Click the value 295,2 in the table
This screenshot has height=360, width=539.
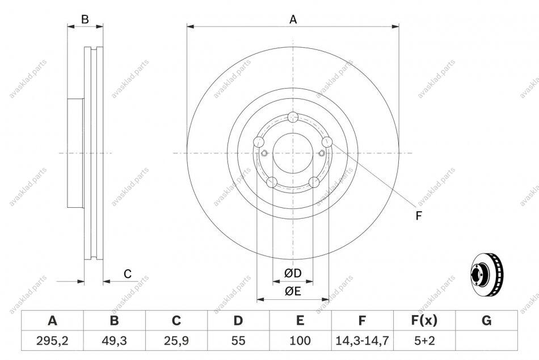(x=52, y=341)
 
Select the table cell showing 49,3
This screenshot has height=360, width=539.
(x=114, y=341)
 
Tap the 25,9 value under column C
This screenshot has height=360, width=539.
(x=176, y=341)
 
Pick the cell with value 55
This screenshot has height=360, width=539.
(x=238, y=341)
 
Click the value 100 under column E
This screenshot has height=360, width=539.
(x=300, y=341)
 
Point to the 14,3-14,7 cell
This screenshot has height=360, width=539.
(x=362, y=341)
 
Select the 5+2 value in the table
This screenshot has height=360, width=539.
(x=424, y=341)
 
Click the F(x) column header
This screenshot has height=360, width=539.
(x=424, y=320)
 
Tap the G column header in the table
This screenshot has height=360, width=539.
(x=486, y=320)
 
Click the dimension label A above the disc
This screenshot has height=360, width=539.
(x=293, y=20)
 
